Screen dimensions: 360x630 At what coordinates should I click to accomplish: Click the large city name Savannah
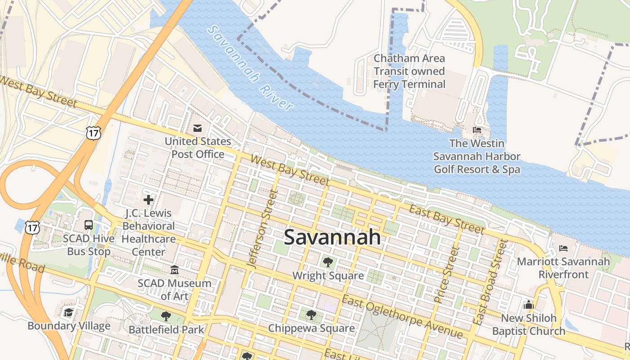click(332, 237)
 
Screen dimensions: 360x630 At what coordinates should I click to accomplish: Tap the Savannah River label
click(251, 68)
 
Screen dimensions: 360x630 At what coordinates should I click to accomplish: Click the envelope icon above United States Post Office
click(198, 128)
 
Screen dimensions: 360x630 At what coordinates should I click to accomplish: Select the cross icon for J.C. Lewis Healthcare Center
click(148, 199)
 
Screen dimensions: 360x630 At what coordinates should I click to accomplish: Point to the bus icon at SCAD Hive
click(89, 225)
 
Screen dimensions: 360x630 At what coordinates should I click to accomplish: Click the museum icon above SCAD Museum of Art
click(175, 270)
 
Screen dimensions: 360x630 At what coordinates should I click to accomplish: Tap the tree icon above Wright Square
click(328, 262)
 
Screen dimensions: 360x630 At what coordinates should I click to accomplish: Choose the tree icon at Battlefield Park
click(166, 316)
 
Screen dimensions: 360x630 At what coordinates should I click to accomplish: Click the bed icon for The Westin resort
click(477, 130)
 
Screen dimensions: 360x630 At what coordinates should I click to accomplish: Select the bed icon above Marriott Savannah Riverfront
click(563, 248)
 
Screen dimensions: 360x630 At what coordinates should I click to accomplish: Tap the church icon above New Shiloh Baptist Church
click(529, 305)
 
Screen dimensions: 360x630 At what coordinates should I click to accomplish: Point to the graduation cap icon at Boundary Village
click(68, 312)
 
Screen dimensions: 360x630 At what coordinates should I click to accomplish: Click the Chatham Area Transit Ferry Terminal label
click(409, 71)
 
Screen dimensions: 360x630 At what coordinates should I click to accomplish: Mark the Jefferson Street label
click(261, 229)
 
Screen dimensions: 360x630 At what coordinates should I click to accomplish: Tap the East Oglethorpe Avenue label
click(402, 317)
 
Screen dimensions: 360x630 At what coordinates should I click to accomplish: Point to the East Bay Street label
click(446, 220)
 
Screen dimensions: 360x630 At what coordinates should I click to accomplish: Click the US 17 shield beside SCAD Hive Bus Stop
click(32, 227)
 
